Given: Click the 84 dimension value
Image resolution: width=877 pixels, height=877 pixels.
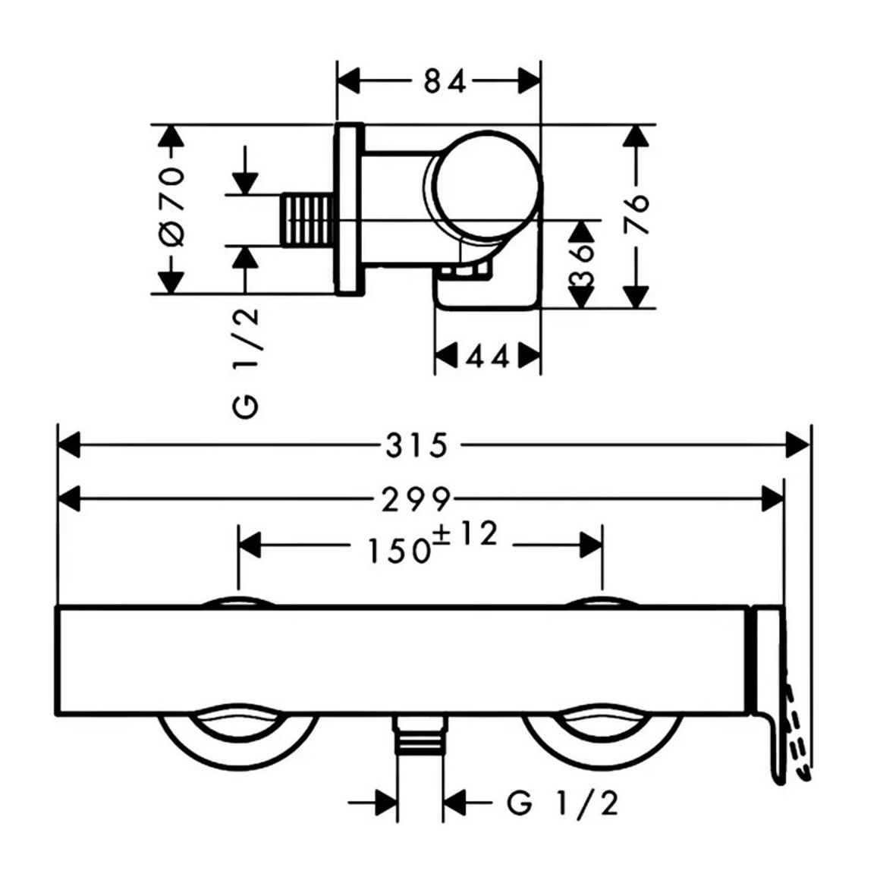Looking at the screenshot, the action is tap(445, 82).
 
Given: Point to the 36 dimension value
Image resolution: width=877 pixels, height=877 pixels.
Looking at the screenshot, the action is tap(582, 264).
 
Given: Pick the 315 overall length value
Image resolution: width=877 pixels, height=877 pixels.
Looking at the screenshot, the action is tap(417, 446).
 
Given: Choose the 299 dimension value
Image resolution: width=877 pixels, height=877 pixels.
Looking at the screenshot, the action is tap(416, 499).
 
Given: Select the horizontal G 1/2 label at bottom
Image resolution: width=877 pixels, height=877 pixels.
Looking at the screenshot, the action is tap(563, 803).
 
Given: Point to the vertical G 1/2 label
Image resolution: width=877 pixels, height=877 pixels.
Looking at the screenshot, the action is tap(246, 363).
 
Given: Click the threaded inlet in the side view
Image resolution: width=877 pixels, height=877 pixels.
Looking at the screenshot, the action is tap(307, 220).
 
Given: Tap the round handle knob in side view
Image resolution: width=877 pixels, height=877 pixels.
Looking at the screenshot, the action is tap(484, 185).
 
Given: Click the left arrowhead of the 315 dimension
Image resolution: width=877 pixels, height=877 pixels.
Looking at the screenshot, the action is tap(69, 446).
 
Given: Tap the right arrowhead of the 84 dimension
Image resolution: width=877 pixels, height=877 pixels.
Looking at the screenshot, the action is tap(529, 82).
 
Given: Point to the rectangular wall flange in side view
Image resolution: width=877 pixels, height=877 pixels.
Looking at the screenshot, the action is tap(349, 209).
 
